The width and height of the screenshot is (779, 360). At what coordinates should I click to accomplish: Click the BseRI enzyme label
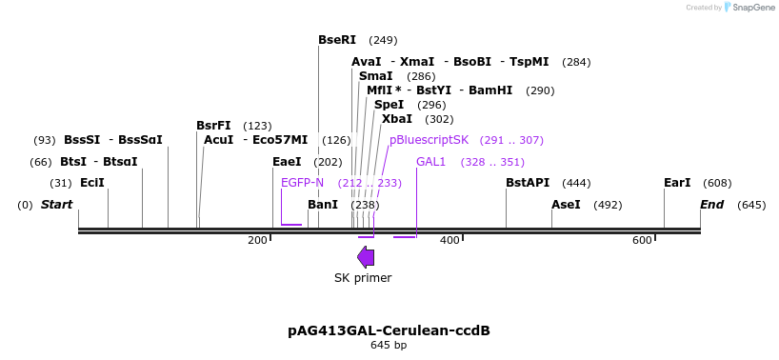[x=337, y=40]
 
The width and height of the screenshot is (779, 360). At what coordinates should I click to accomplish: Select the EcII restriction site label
[x=92, y=183]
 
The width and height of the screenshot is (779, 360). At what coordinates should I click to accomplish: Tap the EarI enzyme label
[x=677, y=183]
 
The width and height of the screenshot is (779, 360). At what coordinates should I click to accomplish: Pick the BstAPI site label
[x=528, y=183]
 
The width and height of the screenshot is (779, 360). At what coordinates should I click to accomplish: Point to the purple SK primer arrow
[x=366, y=256]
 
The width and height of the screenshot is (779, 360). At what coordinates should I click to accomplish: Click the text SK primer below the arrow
[x=363, y=278]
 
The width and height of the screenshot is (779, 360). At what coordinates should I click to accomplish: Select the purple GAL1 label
[x=430, y=162]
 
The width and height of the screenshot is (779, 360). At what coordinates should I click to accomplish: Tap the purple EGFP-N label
[x=302, y=183]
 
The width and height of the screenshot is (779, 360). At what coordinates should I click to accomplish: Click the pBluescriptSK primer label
[x=429, y=140]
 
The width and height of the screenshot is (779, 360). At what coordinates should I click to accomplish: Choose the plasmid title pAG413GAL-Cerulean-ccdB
[x=389, y=330]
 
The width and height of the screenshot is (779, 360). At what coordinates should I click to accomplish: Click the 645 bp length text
[x=389, y=345]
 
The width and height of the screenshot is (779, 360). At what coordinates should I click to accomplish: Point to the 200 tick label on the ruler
[x=257, y=240]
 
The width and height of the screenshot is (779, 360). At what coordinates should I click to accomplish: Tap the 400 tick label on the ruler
[x=449, y=240]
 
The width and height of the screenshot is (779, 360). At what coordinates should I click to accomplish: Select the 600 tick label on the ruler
[x=642, y=240]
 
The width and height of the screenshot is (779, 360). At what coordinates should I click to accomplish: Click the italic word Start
[x=57, y=205]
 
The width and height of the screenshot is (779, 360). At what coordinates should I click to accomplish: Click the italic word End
[x=712, y=205]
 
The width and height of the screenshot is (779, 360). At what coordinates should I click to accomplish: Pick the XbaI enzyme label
[x=397, y=119]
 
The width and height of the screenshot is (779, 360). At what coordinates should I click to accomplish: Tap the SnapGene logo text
[x=752, y=8]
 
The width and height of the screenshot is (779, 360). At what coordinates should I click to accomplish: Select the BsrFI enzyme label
[x=213, y=126]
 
